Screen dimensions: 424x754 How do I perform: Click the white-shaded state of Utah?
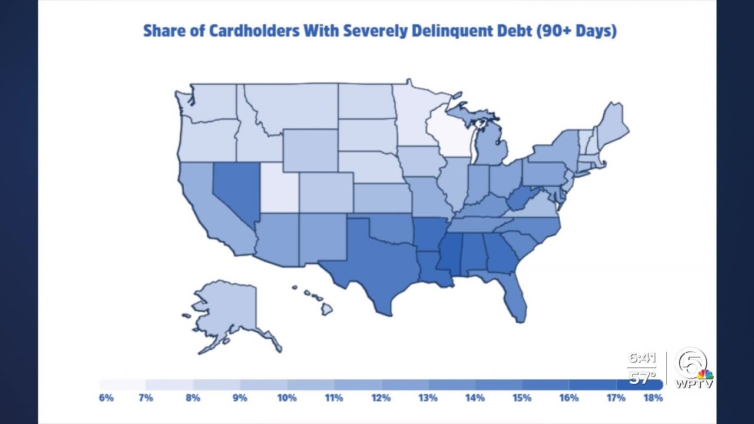pos(280,188)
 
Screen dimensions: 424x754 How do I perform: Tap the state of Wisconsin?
pos(451,132)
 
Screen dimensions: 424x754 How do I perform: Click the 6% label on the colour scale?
pos(106,398)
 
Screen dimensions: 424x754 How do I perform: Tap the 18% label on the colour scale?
pos(653,398)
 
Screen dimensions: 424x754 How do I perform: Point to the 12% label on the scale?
pos(381,398)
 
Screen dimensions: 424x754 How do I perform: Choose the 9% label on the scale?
pos(240,398)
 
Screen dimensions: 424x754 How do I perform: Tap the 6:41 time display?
pos(641,358)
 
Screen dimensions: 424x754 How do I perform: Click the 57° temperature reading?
pos(642,377)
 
